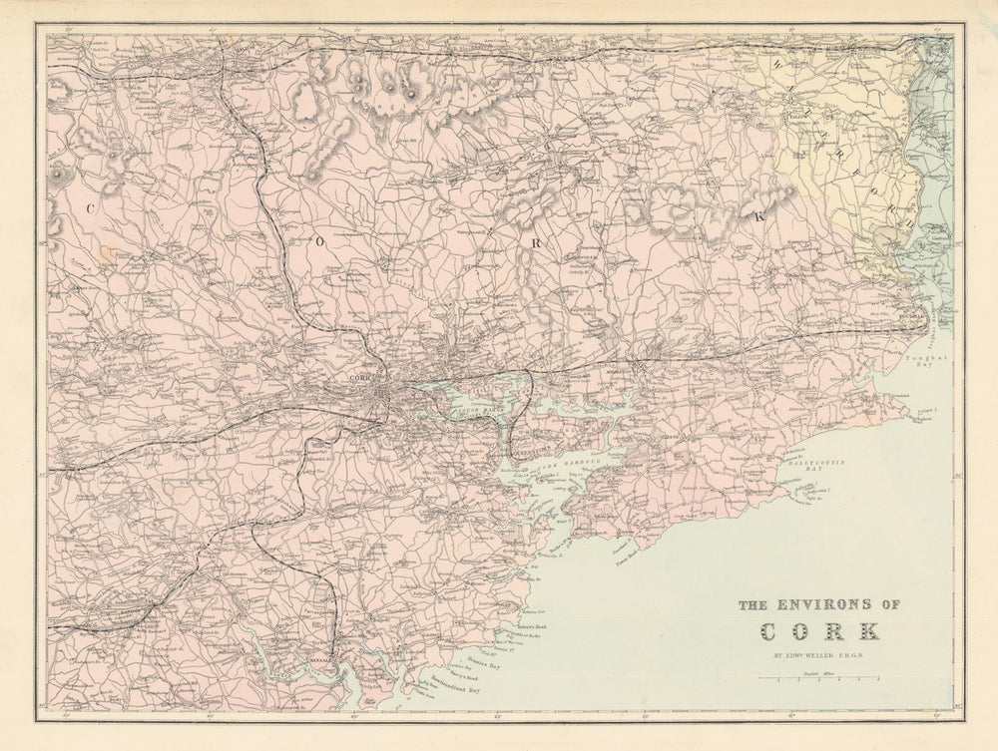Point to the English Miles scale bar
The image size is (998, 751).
click(819, 678)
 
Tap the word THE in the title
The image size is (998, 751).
click(754, 604)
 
